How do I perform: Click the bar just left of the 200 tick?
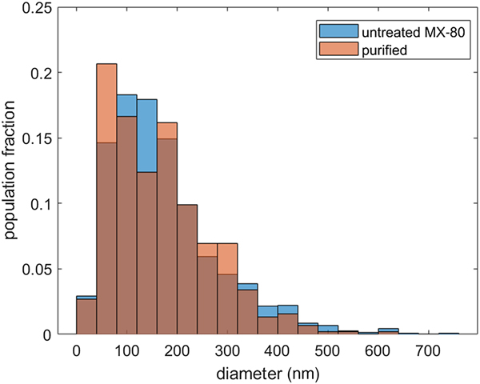[167, 232]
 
